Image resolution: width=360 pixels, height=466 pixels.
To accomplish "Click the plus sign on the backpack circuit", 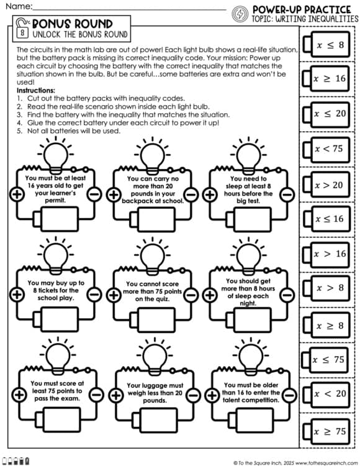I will point(114,194).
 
